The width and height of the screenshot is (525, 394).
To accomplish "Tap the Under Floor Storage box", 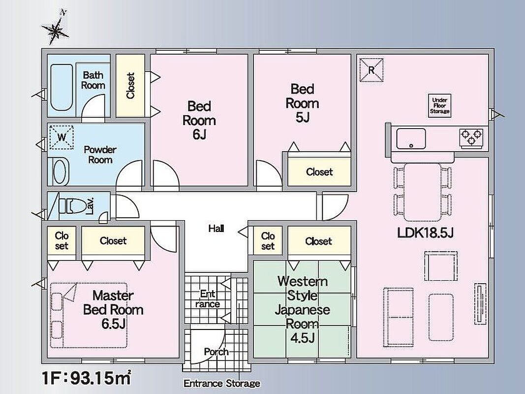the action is point(439,105).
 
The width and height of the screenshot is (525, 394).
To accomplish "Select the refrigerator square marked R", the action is point(371,70).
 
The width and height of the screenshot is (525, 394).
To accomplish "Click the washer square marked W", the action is point(62,137).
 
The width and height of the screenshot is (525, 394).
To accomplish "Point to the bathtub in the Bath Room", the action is point(62,88).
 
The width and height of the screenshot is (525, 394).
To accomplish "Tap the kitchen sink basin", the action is point(411,139).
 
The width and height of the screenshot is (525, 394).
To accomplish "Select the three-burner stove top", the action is point(471,138).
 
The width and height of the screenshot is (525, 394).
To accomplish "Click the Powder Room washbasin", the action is point(60,171).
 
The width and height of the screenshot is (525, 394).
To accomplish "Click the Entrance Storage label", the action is point(221,383).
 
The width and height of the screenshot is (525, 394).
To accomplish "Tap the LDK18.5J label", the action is point(425,232).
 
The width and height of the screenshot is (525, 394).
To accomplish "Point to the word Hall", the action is point(216,229).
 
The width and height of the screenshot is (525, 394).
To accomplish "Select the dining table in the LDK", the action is point(422,192).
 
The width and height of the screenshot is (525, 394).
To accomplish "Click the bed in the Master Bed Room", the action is point(89,315).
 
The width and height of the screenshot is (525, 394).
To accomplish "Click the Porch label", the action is point(216,352).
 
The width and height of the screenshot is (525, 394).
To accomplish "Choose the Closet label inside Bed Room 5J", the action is point(319,172).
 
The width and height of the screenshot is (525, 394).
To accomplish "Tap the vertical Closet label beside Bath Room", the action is point(130,86).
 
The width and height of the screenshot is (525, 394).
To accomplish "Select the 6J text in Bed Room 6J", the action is point(199,134).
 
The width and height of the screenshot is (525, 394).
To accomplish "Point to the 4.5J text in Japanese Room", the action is point(302,338).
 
